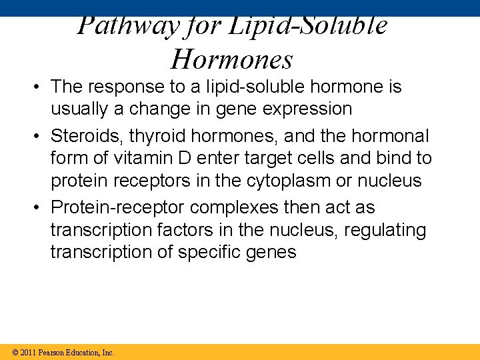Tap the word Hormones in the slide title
click(x=231, y=59)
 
